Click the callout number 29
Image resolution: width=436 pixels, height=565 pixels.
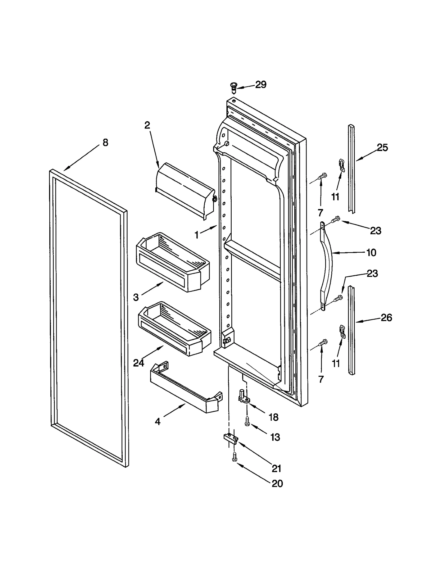tap(261, 85)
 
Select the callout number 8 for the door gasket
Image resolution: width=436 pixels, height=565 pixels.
tap(105, 142)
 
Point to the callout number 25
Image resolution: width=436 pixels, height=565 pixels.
tap(382, 148)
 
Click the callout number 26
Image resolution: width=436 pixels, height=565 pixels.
tap(386, 317)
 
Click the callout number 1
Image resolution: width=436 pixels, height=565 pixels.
tap(196, 235)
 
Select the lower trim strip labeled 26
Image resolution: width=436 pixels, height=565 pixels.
tap(352, 331)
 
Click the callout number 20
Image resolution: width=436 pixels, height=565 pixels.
tap(277, 483)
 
